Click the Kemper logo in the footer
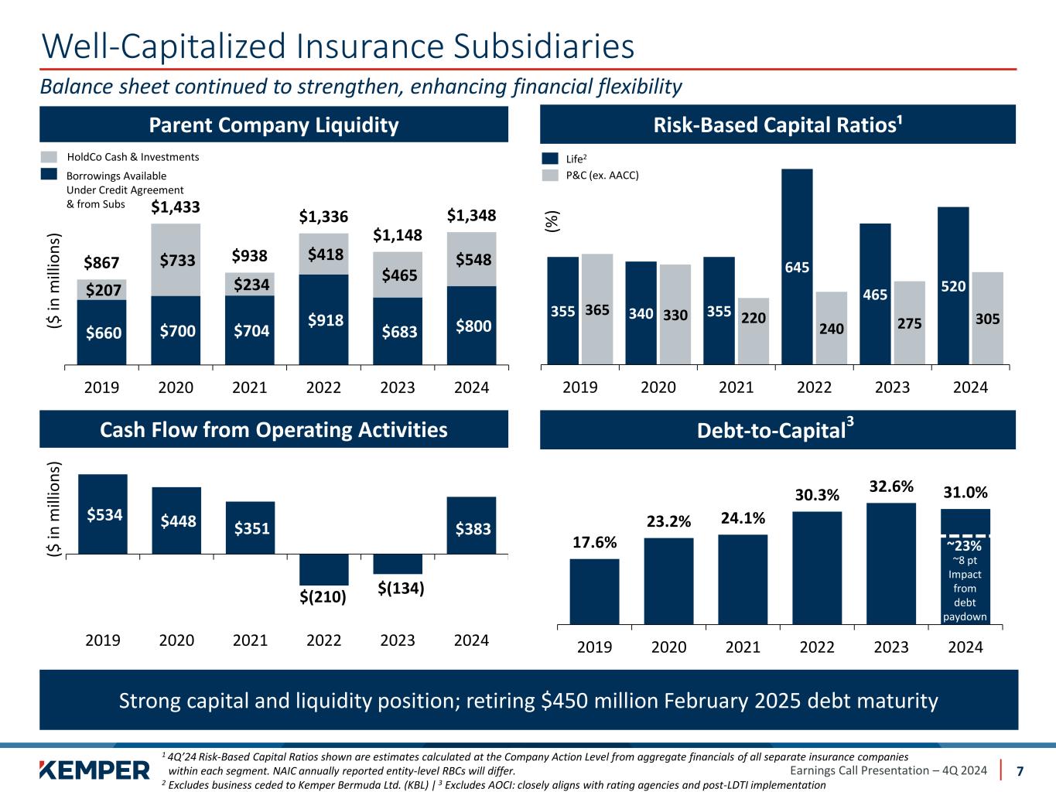tap(94, 770)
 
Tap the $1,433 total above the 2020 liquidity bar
tap(176, 207)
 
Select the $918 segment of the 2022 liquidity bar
tap(323, 319)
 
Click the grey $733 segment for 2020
tap(176, 260)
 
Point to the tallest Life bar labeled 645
tap(797, 266)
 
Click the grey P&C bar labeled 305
tap(987, 317)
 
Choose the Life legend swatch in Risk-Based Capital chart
tap(550, 159)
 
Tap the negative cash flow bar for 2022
tap(323, 570)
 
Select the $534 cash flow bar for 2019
tap(103, 514)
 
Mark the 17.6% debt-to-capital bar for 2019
tap(594, 590)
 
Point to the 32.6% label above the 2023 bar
tap(891, 486)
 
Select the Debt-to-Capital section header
tap(777, 430)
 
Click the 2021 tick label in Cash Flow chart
tap(250, 640)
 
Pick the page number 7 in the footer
tap(1020, 771)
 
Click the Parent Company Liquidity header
tap(274, 125)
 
